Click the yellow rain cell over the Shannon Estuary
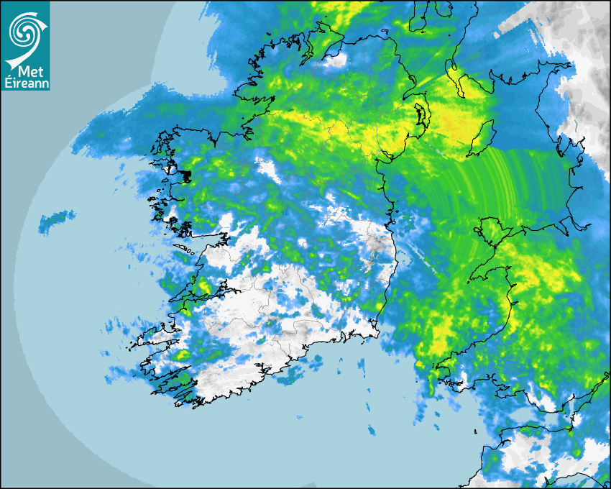[204, 287]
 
